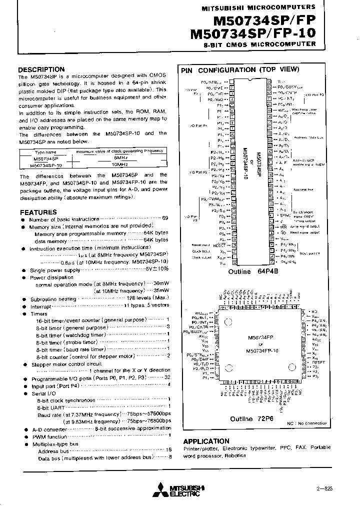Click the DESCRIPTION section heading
tap(41, 69)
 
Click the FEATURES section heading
tap(37, 212)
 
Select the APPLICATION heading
tap(206, 441)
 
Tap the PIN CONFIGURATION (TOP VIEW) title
tap(240, 70)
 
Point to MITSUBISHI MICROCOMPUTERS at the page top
tap(258, 7)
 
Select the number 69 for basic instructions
tap(165, 219)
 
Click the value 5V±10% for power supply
tap(156, 270)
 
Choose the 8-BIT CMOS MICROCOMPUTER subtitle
tap(259, 44)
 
